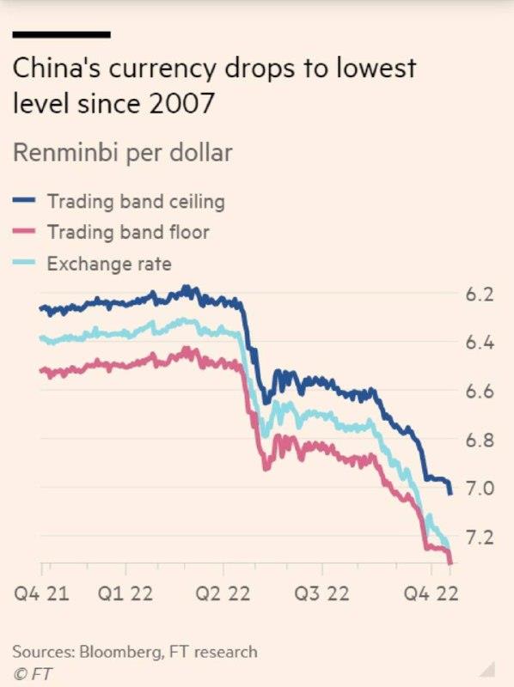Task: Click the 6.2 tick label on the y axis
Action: click(x=480, y=295)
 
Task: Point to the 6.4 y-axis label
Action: click(x=480, y=343)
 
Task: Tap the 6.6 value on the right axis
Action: click(x=480, y=392)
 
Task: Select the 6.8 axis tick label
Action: click(x=480, y=440)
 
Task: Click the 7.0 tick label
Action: click(x=480, y=488)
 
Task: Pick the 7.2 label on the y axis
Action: click(x=480, y=538)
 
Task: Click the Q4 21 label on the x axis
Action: click(x=41, y=593)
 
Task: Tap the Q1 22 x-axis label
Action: click(x=125, y=593)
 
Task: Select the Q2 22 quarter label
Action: click(x=223, y=593)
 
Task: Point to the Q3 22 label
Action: click(x=321, y=593)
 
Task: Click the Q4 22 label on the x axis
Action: click(x=431, y=593)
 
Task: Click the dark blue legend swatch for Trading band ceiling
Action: click(x=24, y=200)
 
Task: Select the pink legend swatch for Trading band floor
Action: click(x=24, y=231)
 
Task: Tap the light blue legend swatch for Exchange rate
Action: click(x=24, y=263)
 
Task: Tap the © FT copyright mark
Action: click(x=32, y=673)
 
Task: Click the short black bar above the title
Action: click(x=61, y=34)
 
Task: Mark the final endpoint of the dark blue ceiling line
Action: click(x=450, y=494)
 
